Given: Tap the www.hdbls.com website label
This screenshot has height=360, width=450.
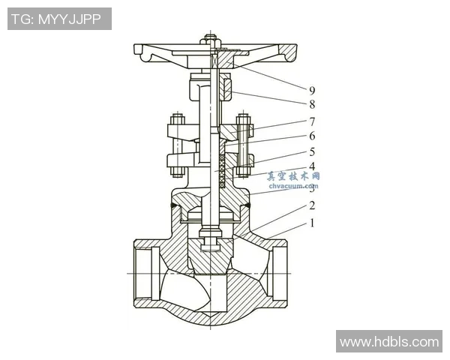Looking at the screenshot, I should [388, 342].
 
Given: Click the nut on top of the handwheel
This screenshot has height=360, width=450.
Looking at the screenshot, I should [213, 39].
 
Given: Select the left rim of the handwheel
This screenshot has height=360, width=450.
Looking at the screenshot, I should [142, 50].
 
